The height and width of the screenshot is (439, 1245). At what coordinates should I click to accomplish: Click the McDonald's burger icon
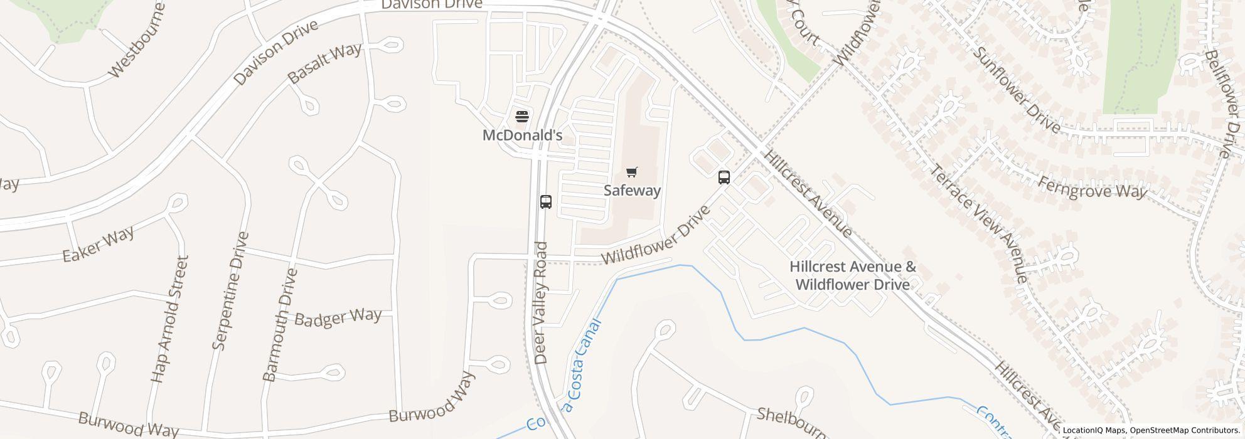[x=522, y=116]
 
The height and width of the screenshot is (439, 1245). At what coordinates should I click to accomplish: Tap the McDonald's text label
[x=522, y=135]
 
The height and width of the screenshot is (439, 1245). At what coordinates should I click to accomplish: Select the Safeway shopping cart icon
[x=632, y=172]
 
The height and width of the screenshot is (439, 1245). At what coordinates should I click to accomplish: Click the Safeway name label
[x=632, y=190]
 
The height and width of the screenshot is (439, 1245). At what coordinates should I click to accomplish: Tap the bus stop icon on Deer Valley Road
[x=546, y=202]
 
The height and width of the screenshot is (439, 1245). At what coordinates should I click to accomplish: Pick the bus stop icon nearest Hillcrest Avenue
[x=724, y=177]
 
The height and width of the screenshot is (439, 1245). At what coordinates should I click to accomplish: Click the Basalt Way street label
[x=324, y=63]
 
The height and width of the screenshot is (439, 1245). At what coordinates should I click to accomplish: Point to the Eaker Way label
[x=99, y=245]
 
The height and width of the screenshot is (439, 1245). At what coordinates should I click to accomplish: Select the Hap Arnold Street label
[x=169, y=319]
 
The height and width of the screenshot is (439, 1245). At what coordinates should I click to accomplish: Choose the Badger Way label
[x=338, y=317]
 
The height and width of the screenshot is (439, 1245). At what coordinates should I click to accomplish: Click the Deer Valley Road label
[x=541, y=303]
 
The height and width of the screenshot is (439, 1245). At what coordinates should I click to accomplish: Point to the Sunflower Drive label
[x=1016, y=90]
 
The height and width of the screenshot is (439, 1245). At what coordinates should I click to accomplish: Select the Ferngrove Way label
[x=1093, y=188]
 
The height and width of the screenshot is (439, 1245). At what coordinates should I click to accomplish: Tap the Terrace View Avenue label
[x=978, y=223]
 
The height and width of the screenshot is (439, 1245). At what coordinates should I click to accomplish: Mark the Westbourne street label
[x=137, y=41]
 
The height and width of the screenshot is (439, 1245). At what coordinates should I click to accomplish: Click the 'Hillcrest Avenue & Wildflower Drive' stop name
[x=853, y=276]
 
